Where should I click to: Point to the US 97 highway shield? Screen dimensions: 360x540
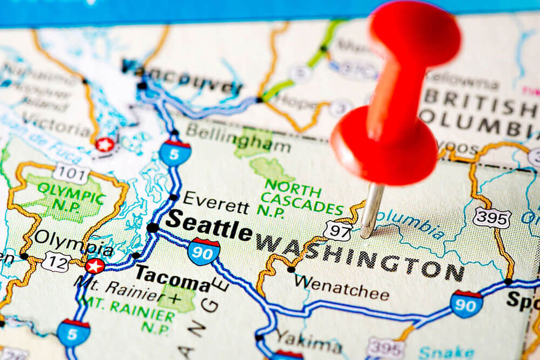click(x=337, y=230)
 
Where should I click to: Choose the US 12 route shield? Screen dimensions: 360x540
click(x=56, y=262)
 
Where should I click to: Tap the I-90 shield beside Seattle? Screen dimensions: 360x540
click(x=204, y=252)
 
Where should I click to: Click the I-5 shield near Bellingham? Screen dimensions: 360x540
click(x=175, y=153)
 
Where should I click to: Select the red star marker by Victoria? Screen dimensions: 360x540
click(x=105, y=144)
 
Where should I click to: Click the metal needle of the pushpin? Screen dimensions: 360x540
click(x=372, y=210)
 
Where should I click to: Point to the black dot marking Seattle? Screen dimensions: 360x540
click(x=153, y=228)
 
